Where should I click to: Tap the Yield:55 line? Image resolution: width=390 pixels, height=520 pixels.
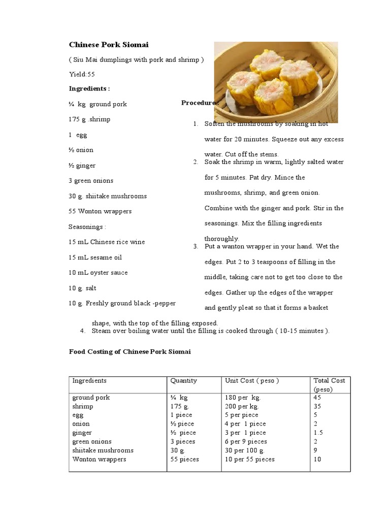[82, 74]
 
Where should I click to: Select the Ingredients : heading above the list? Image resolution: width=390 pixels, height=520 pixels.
[89, 88]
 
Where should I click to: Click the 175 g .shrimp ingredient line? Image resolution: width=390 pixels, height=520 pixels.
[89, 119]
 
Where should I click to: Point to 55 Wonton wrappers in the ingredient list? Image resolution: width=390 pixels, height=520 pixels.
[100, 211]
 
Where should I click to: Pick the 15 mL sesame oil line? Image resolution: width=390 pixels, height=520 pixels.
[95, 257]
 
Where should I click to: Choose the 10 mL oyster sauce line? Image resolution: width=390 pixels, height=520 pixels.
[99, 273]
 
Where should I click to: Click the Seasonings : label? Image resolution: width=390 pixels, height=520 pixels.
[87, 226]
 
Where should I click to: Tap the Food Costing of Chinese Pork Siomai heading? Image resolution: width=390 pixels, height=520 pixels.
[129, 351]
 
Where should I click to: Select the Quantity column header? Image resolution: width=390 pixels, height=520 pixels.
[183, 381]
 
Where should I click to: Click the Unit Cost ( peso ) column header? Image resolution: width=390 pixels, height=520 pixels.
[252, 381]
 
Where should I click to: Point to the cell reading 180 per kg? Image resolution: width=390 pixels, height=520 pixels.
[243, 398]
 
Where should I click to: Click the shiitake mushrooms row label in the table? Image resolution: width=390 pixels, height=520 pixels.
[103, 450]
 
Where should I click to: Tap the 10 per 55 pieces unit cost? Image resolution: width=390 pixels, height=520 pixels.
[249, 460]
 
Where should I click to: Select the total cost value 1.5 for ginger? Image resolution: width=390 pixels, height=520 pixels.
[319, 433]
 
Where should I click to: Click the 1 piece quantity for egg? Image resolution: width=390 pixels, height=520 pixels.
[181, 415]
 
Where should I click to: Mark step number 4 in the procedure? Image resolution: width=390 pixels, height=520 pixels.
[82, 331]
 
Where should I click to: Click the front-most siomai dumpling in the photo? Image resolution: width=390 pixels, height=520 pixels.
[273, 96]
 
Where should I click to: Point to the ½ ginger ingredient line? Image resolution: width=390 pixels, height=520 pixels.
[82, 166]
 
